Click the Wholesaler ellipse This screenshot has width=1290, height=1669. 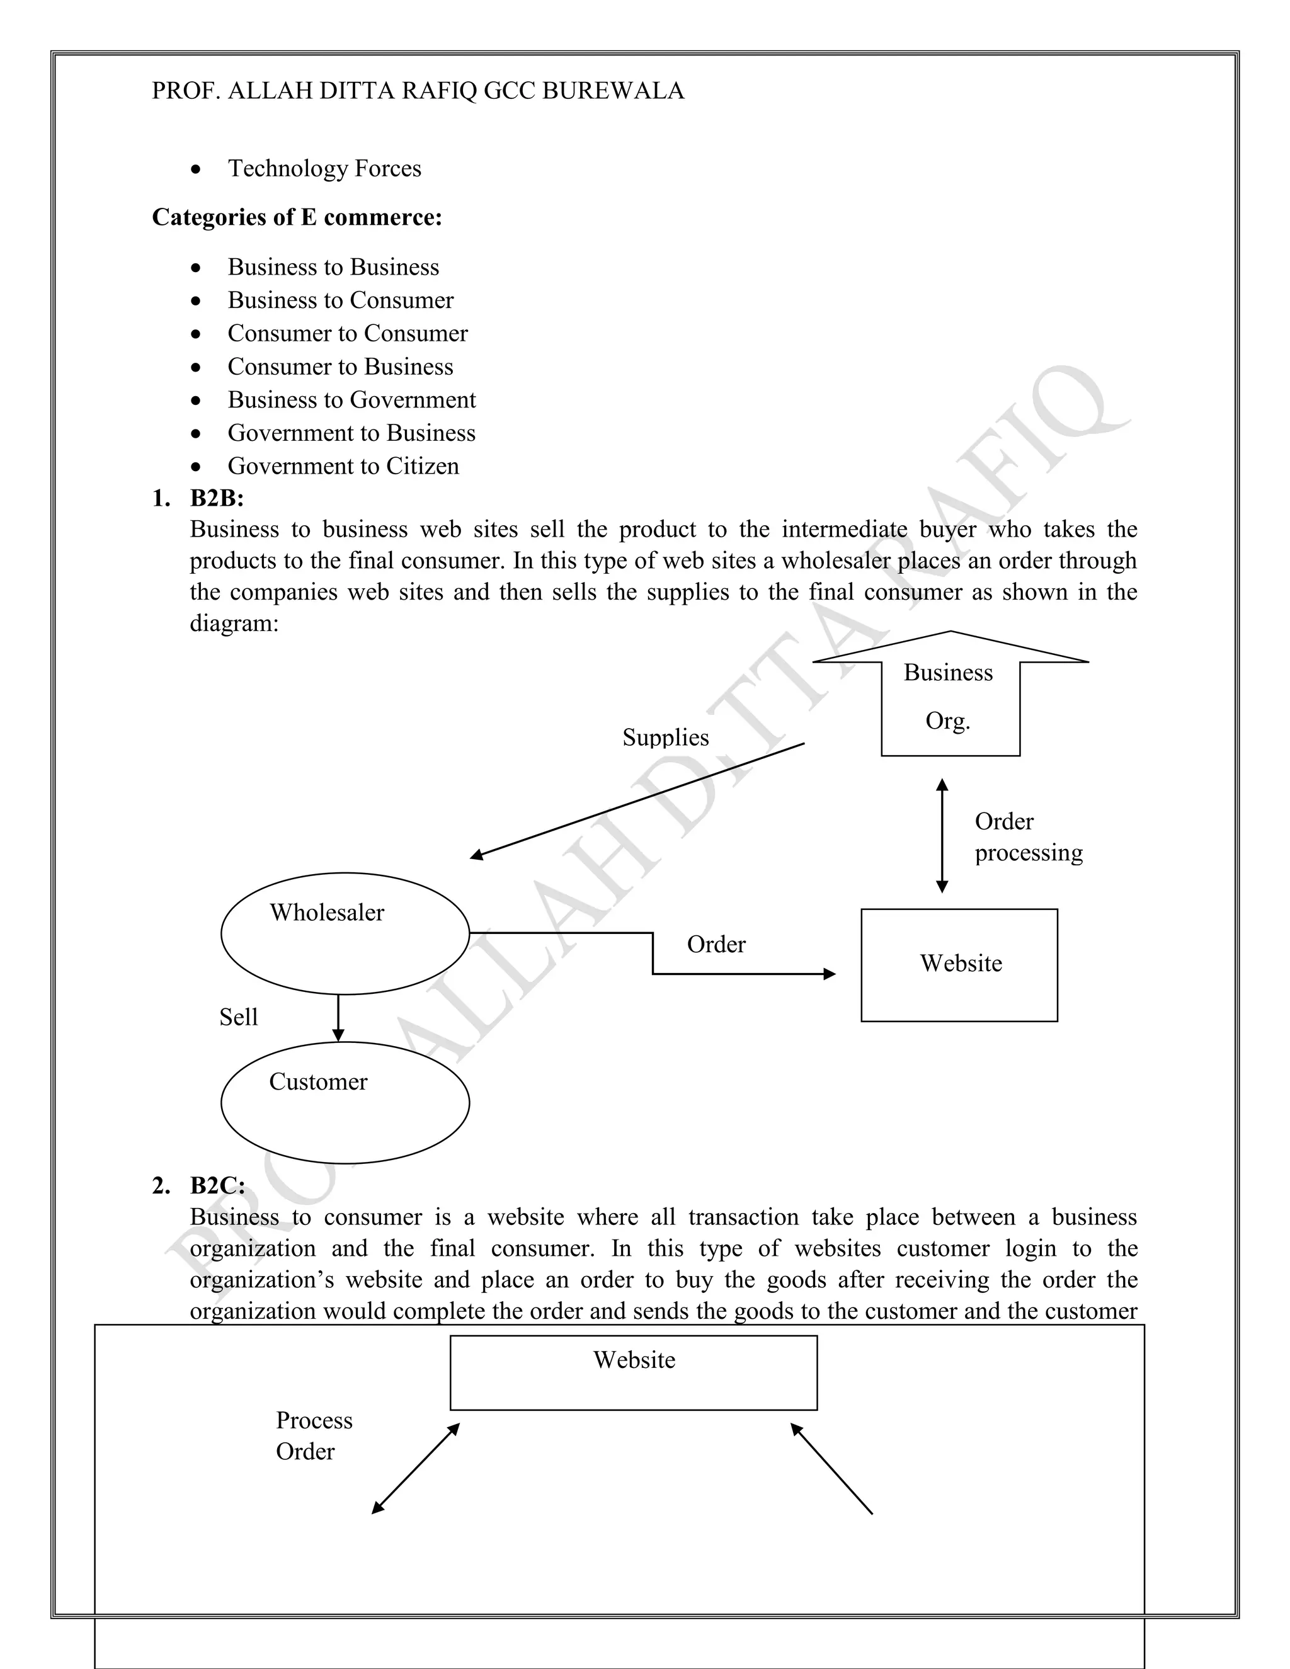point(345,933)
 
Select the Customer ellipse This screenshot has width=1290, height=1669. point(345,1103)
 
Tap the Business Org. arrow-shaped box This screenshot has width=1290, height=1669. point(950,696)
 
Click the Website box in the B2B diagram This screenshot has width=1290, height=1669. point(959,964)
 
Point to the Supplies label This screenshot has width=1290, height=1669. point(666,738)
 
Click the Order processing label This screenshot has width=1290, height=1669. point(1028,837)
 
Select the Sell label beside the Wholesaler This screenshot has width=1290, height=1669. point(239,1017)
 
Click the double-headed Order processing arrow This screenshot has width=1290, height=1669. point(942,835)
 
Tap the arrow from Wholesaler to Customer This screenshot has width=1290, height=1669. point(338,1018)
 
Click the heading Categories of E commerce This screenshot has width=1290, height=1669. point(297,218)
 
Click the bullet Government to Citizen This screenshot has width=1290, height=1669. point(343,466)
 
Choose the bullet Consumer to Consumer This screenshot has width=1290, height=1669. point(348,334)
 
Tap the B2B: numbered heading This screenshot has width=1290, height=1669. point(217,498)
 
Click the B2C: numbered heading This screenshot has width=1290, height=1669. point(218,1185)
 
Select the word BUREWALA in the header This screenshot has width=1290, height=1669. point(613,91)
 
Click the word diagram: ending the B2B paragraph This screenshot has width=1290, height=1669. point(234,624)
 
